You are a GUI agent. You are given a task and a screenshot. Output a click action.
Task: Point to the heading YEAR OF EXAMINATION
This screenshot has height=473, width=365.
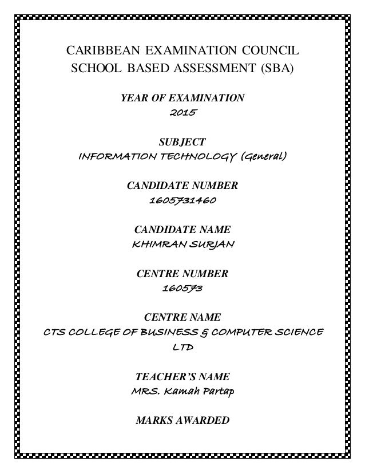coord(182,98)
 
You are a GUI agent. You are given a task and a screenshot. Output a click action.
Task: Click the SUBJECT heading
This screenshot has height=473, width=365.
coord(182,141)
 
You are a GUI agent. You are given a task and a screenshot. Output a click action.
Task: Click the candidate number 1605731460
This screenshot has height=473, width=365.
coord(182,201)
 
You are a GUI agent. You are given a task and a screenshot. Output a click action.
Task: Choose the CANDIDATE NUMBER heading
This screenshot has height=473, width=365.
coord(182,186)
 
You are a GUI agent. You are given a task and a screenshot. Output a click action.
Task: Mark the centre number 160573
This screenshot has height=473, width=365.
coord(182,289)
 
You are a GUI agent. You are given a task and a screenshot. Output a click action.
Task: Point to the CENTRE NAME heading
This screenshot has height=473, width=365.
coord(182,317)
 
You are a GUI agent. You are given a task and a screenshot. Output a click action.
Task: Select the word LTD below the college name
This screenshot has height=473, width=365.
coord(182,348)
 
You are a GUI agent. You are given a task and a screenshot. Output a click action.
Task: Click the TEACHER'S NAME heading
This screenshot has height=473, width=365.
coord(182,377)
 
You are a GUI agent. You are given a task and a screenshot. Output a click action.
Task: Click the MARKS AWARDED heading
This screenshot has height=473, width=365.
coord(182,421)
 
